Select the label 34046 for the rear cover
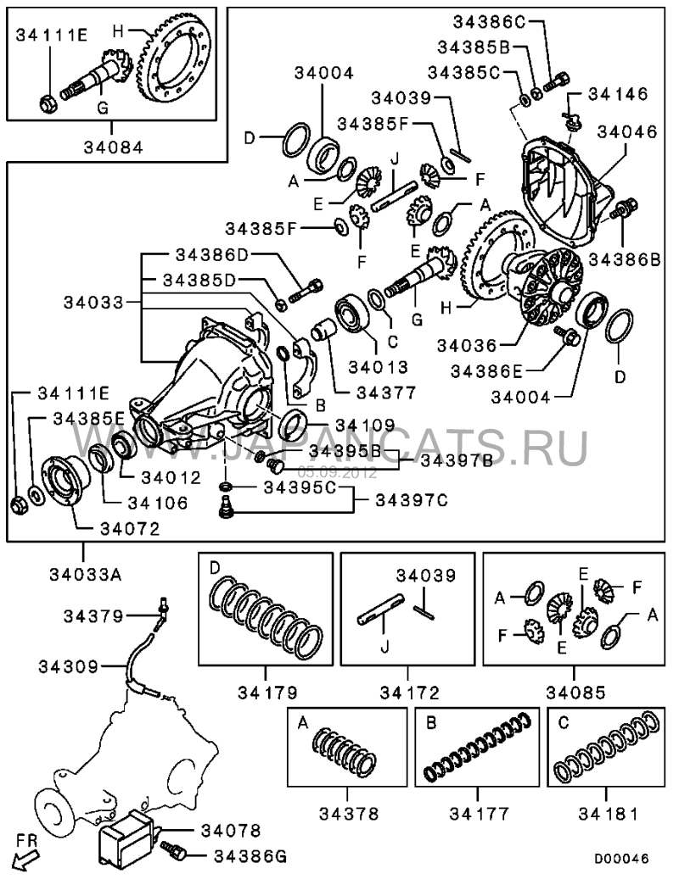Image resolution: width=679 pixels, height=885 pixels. point(626,131)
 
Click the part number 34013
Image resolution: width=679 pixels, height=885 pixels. point(378,367)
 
